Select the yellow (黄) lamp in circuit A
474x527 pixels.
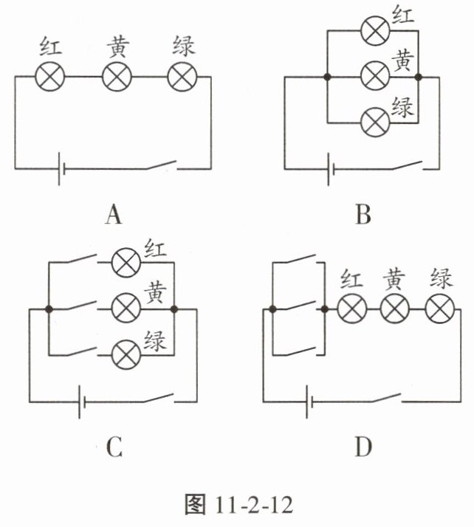[116, 76]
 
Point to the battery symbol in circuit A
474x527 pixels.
[61, 168]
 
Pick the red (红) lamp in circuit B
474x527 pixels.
[373, 31]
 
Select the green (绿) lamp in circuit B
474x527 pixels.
[373, 120]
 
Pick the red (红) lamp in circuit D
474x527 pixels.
[351, 309]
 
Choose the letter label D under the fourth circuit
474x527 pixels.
[363, 447]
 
